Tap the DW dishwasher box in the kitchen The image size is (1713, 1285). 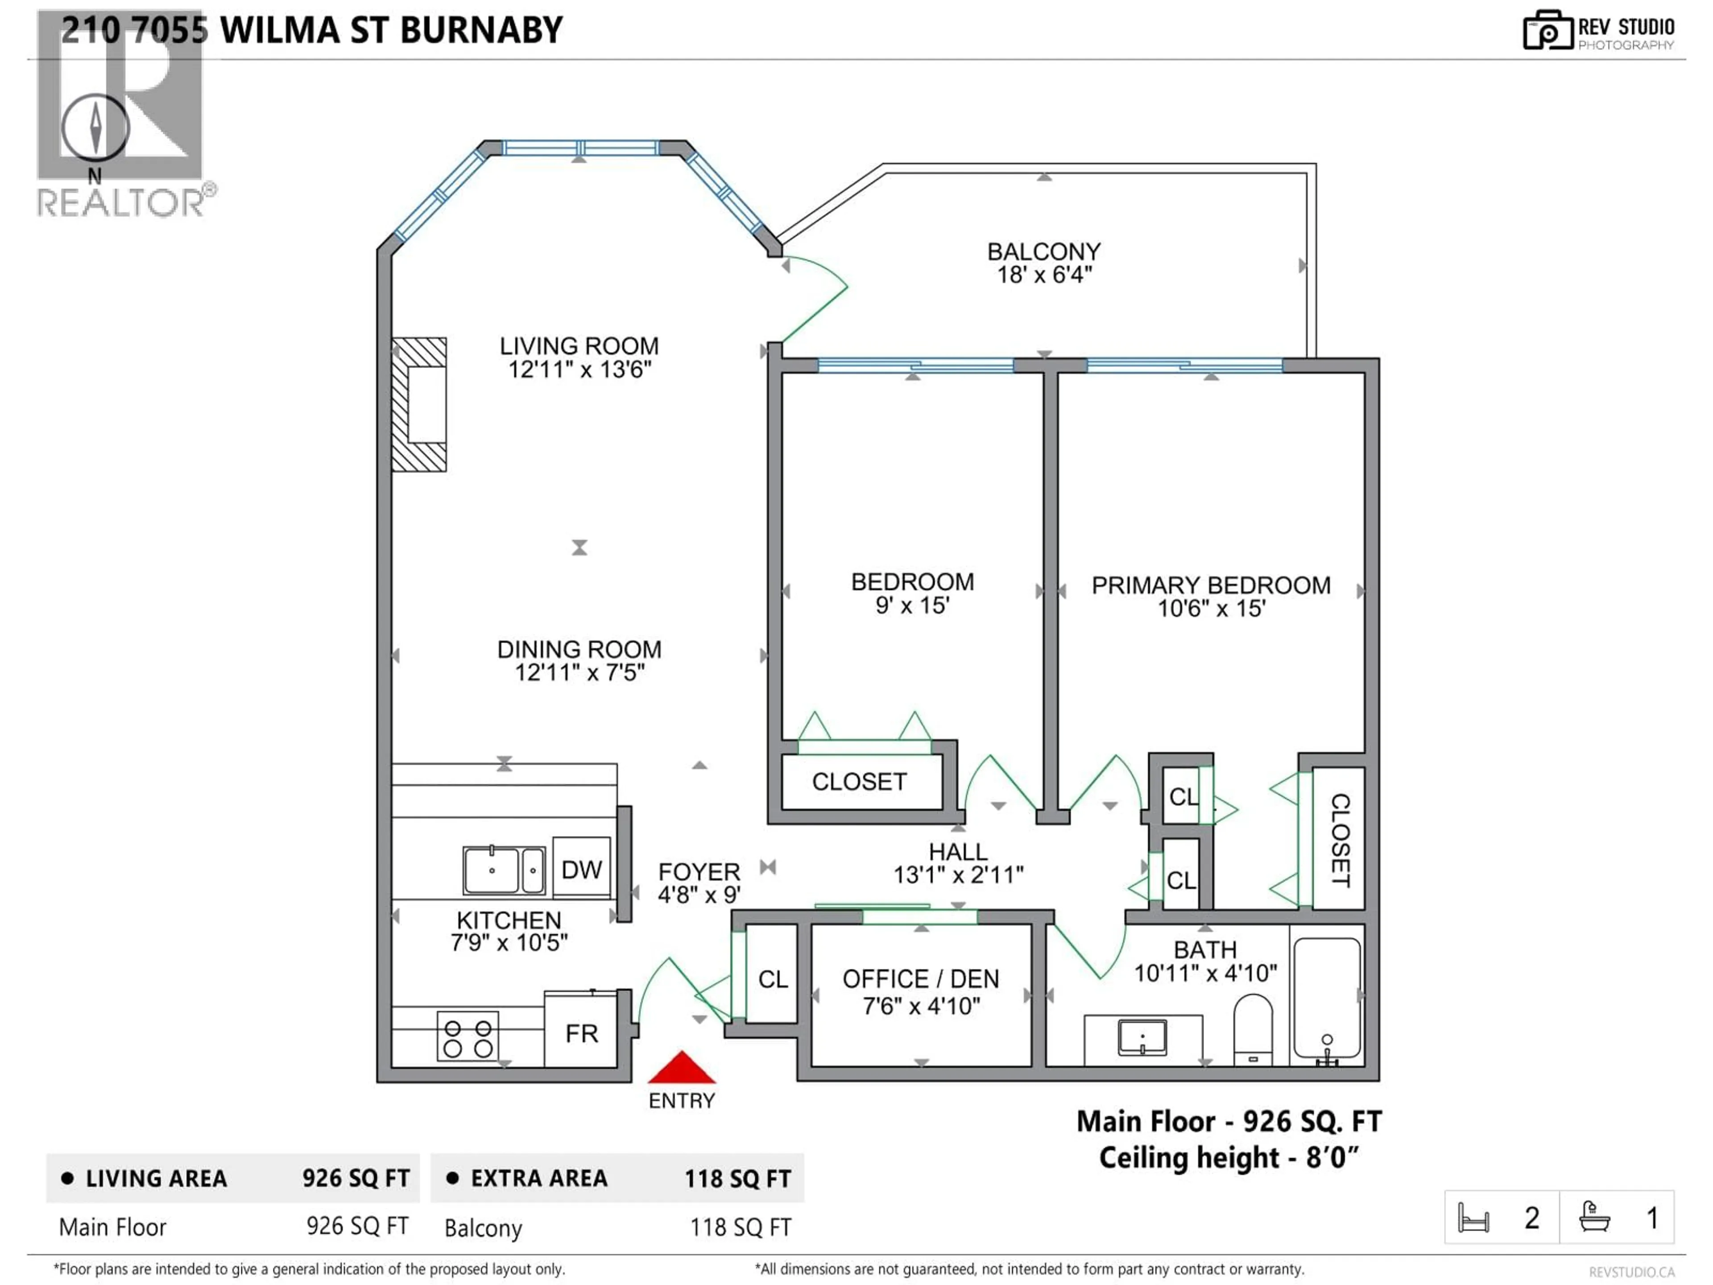581,869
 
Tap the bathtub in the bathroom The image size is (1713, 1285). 1327,999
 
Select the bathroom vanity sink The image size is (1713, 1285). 1142,1038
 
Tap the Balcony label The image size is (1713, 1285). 1043,252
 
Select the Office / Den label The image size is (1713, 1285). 920,979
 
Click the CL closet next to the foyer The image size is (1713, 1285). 772,979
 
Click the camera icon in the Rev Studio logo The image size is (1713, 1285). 1547,31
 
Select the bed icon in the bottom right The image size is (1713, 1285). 1473,1218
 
